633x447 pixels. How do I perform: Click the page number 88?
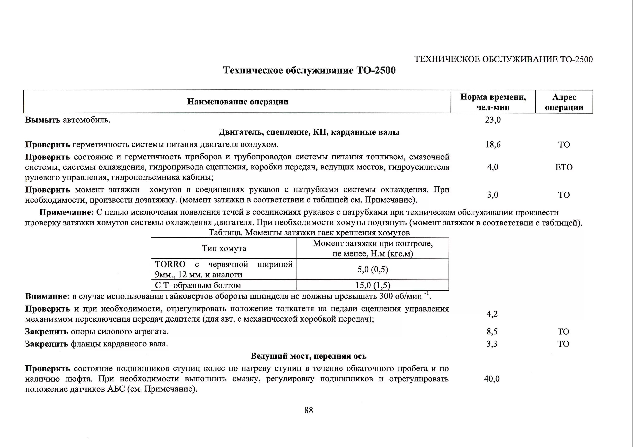pos(308,410)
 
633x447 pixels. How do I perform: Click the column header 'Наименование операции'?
pos(238,102)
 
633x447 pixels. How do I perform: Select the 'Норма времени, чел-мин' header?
pos(493,102)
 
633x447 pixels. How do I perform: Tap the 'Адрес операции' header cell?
pos(564,102)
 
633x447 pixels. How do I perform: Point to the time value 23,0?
pos(493,120)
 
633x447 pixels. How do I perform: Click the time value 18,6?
pos(493,145)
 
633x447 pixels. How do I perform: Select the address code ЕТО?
pos(564,167)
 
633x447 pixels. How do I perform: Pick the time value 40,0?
pos(492,379)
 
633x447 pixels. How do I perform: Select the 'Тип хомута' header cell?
pos(224,248)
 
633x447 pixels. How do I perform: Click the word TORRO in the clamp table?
pos(170,264)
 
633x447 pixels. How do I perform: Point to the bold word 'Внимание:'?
pos(47,296)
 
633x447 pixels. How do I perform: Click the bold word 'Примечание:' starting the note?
pos(67,212)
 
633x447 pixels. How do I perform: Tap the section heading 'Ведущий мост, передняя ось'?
pos(308,356)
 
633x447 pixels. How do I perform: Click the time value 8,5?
pos(492,331)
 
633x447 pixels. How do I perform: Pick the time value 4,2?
pos(492,314)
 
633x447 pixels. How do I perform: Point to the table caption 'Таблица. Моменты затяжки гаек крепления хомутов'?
pos(309,233)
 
